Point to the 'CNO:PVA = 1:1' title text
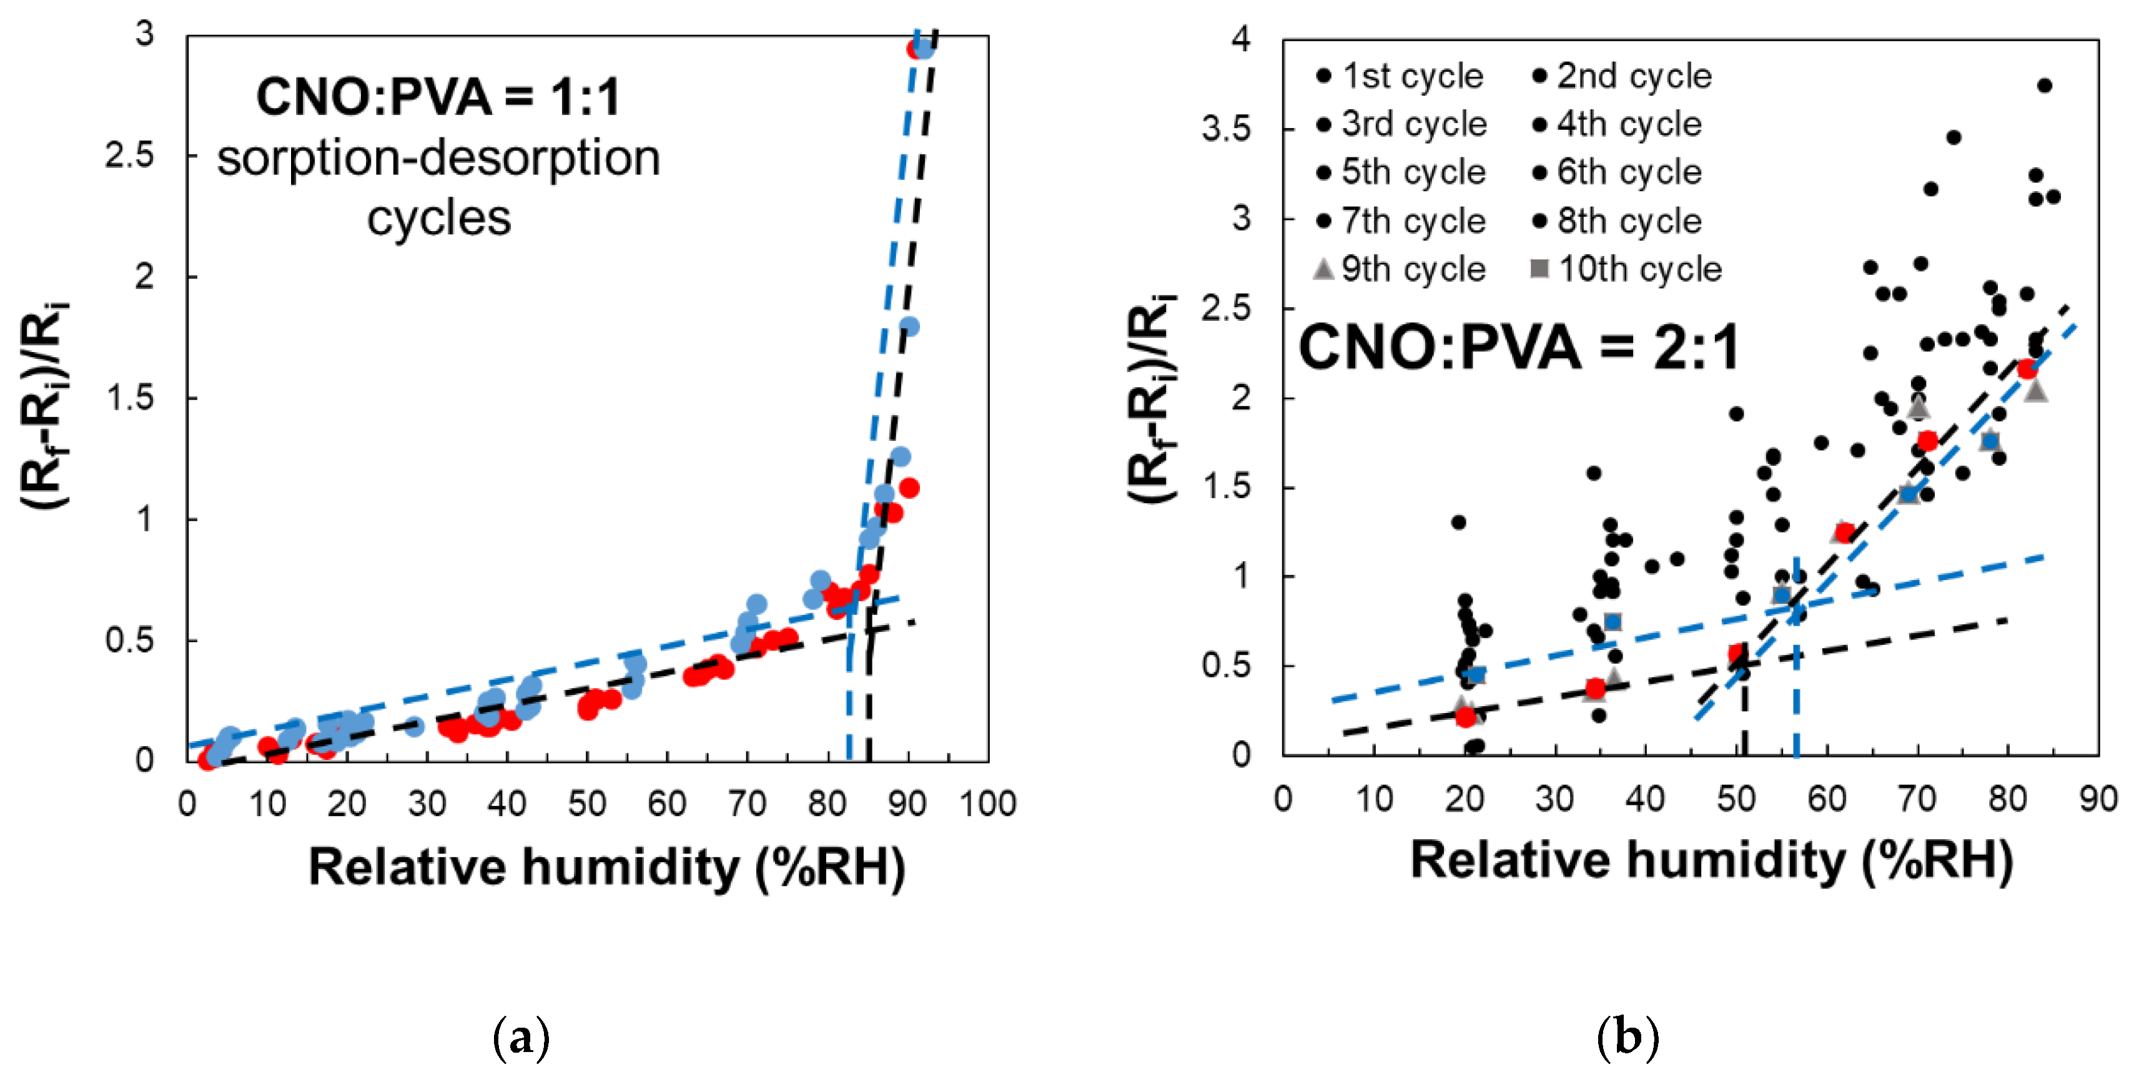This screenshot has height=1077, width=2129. (438, 97)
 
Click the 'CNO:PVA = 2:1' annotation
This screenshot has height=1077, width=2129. (1519, 347)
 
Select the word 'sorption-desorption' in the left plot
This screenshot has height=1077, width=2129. (438, 158)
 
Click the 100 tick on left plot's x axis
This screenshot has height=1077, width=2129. (987, 804)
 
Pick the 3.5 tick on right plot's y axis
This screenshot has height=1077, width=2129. (1227, 129)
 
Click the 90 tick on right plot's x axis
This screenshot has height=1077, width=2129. (2098, 799)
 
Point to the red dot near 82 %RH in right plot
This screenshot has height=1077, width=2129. (2027, 368)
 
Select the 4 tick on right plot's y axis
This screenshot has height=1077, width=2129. (1240, 39)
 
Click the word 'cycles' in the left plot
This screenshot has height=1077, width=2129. (439, 219)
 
